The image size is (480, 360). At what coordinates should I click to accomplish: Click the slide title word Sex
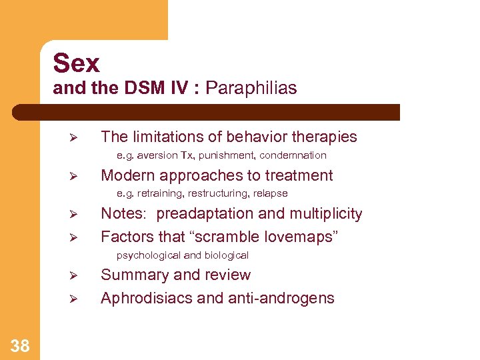tap(76, 63)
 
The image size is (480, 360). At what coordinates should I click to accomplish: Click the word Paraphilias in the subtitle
tap(251, 88)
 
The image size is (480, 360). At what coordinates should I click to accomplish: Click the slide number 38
tap(20, 345)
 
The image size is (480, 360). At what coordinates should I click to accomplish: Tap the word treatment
tap(299, 175)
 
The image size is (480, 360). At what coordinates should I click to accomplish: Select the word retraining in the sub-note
tap(159, 193)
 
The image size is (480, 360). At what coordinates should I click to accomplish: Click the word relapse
tap(270, 193)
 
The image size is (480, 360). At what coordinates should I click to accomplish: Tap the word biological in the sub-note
tap(226, 255)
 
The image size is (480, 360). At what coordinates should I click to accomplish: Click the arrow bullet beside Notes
tap(75, 215)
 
